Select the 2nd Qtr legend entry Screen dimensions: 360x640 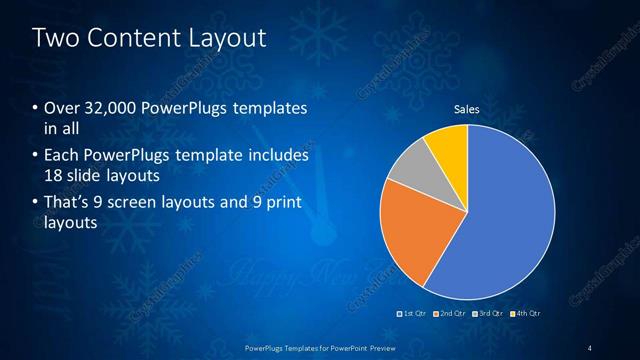pos(451,314)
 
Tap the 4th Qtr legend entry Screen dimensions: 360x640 pos(527,314)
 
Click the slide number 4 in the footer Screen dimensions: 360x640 pos(590,347)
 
